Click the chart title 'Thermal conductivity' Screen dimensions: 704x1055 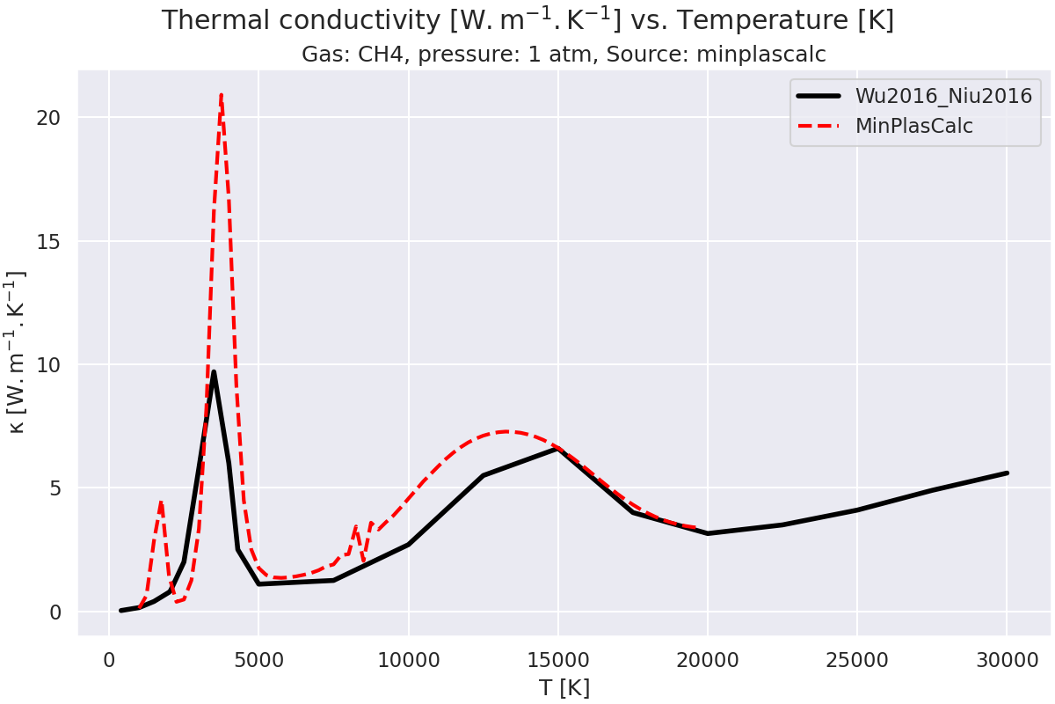[527, 20]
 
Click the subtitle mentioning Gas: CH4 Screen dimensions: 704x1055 [564, 55]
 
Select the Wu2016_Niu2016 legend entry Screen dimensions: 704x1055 [943, 96]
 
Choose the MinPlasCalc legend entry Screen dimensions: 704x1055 [914, 126]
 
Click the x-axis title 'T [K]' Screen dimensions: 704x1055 [564, 687]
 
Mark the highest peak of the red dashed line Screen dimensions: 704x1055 [221, 94]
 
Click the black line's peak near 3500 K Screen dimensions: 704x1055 [214, 371]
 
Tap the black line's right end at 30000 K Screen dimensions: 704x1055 [1007, 473]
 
